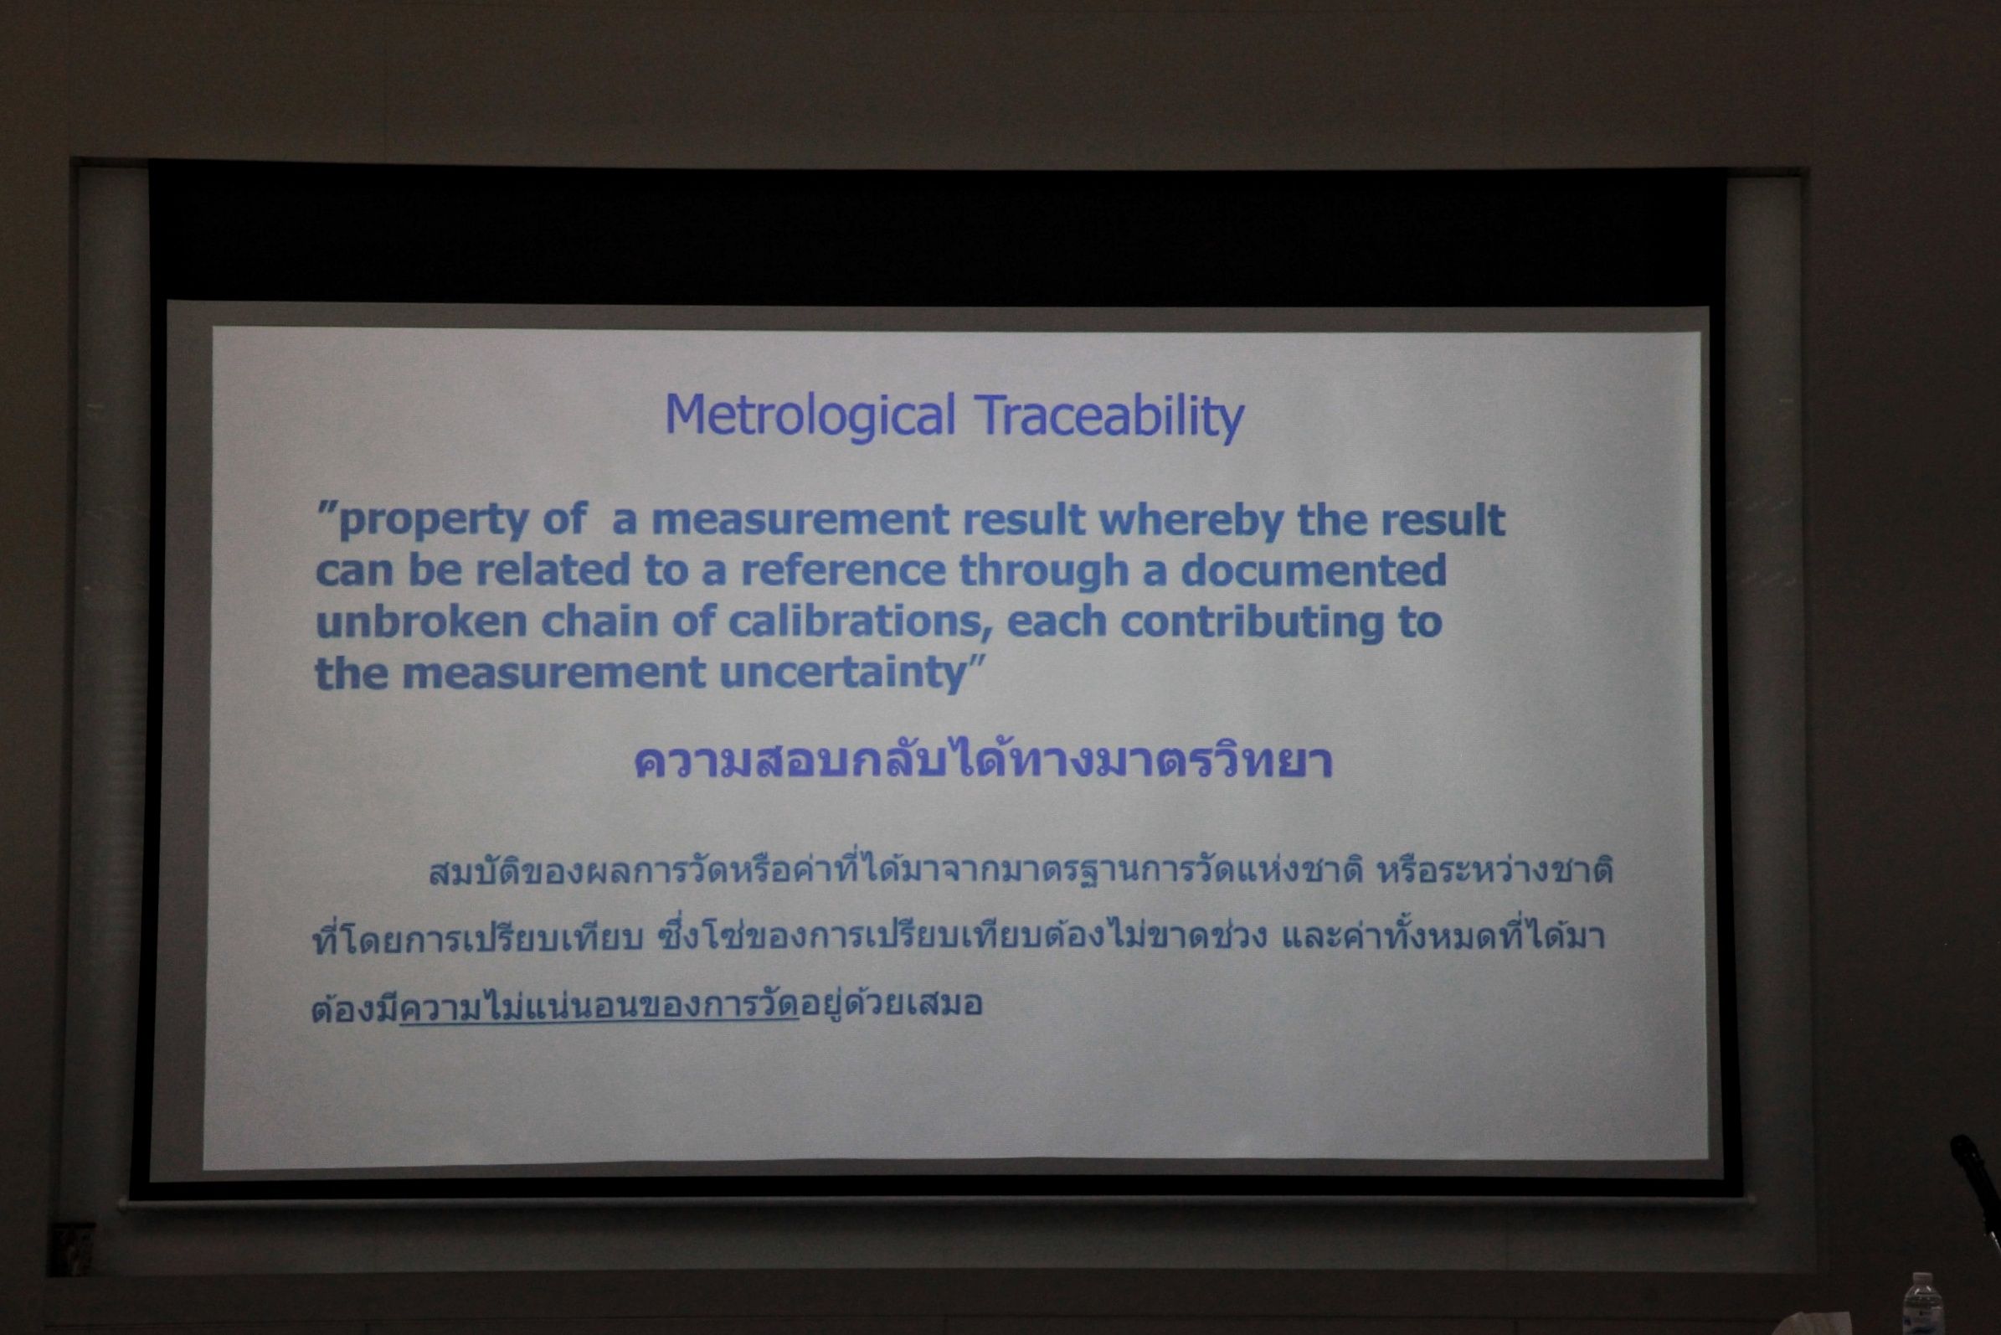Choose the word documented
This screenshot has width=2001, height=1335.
1314,570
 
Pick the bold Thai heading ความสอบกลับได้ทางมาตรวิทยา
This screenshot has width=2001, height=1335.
983,760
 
